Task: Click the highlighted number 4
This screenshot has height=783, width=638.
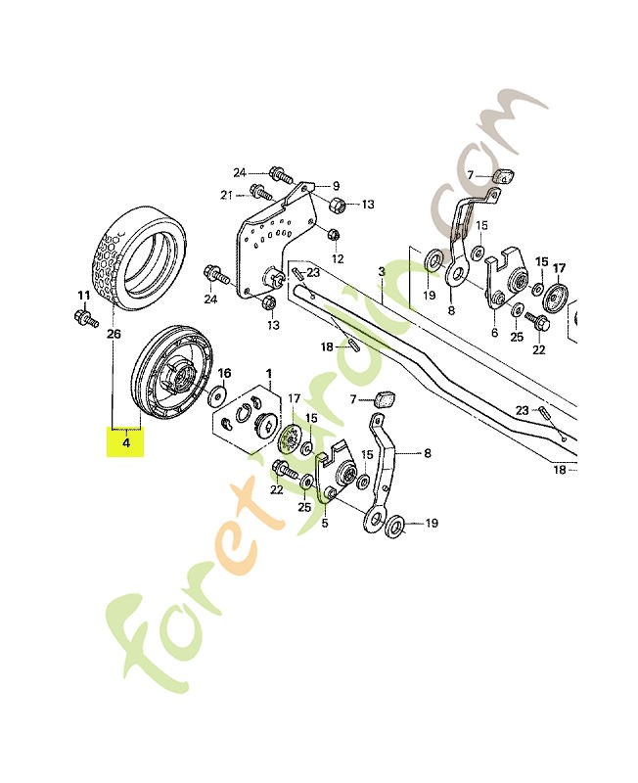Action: [124, 442]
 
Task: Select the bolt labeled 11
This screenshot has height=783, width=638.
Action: [82, 317]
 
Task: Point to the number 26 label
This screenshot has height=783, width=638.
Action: [114, 334]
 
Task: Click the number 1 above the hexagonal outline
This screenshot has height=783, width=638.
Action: [269, 374]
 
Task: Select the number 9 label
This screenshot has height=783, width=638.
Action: [335, 186]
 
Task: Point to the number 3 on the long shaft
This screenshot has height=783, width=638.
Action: [382, 269]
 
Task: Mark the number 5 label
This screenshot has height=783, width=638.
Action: [325, 523]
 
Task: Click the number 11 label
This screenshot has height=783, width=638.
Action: [83, 294]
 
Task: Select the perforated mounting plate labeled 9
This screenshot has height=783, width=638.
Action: [274, 240]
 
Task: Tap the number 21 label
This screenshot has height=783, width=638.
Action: [227, 195]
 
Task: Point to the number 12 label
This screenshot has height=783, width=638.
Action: [338, 258]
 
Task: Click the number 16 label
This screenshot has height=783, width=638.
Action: [224, 373]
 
